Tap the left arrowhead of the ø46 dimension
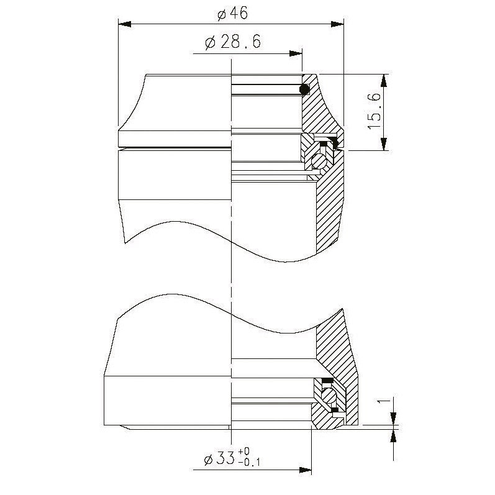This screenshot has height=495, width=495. point(125,24)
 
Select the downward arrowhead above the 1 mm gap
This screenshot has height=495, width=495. point(393,420)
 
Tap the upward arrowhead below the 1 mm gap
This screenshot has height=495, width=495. point(393,435)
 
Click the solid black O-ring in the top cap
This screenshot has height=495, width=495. point(304,90)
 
